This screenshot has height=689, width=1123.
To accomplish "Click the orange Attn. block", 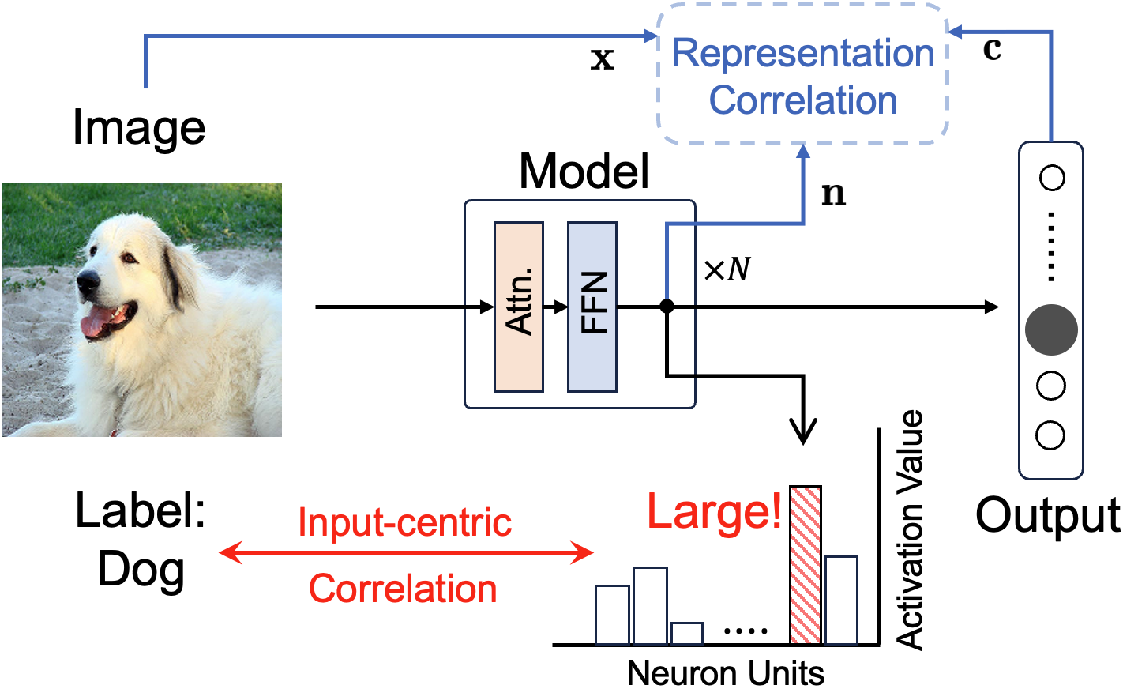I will [518, 307].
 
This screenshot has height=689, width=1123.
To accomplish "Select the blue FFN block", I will [592, 307].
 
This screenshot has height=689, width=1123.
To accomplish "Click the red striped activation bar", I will [805, 564].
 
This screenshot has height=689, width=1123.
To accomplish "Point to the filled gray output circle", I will [1051, 330].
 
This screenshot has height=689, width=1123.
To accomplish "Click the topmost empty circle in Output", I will [1051, 178].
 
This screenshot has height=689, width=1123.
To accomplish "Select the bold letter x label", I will [602, 58].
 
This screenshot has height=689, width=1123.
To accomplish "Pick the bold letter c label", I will [992, 49].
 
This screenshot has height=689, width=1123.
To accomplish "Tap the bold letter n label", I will [833, 194].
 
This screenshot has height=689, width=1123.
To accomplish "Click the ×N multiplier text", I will [727, 270].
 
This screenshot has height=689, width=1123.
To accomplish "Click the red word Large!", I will [714, 511].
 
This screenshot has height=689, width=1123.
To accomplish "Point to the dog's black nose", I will [88, 280].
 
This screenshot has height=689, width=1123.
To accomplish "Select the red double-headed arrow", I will [405, 552].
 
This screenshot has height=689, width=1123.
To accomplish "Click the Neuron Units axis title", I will [725, 673].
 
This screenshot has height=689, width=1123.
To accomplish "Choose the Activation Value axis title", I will [910, 529].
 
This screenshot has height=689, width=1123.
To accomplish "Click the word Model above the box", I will [584, 171].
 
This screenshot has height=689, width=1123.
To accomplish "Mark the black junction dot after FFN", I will [667, 307].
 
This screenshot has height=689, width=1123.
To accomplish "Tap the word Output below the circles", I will [1047, 516].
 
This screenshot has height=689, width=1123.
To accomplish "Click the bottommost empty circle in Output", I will [1051, 435].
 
